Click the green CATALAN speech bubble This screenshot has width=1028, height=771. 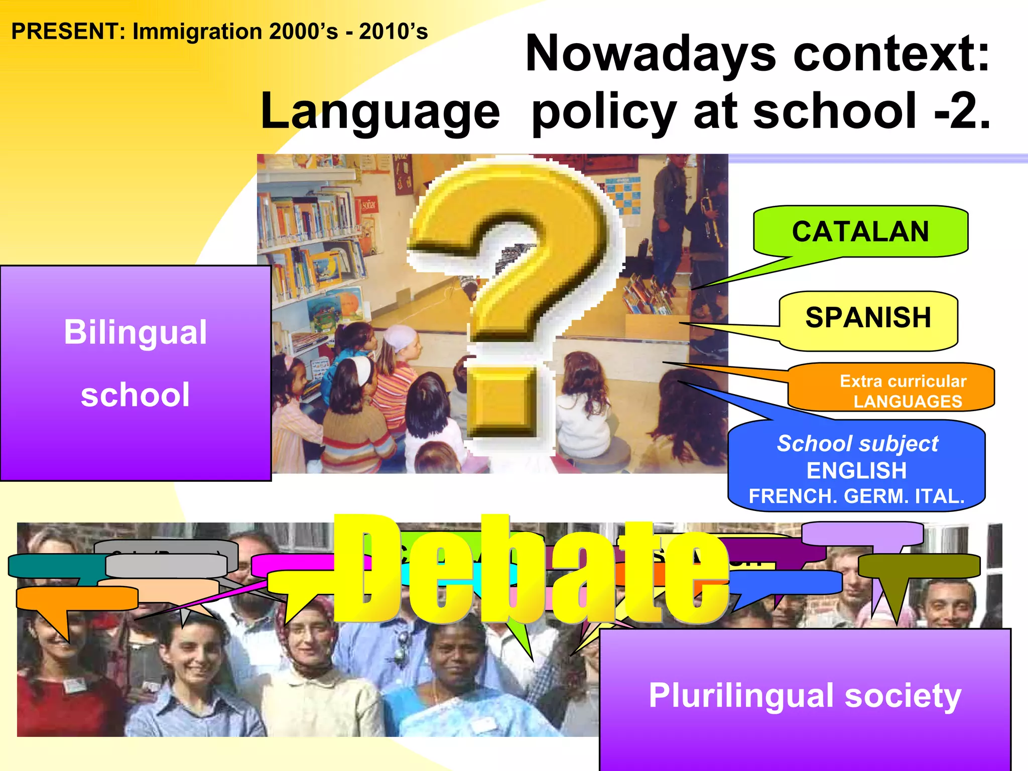pyautogui.click(x=860, y=232)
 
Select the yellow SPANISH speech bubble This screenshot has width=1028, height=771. pyautogui.click(x=868, y=318)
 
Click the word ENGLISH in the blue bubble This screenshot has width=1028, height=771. pyautogui.click(x=856, y=471)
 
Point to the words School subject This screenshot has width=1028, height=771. pyautogui.click(x=857, y=444)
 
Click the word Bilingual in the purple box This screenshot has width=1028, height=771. pyautogui.click(x=135, y=332)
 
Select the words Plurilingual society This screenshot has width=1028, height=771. pyautogui.click(x=805, y=696)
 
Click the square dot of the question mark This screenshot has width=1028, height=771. pyautogui.click(x=502, y=402)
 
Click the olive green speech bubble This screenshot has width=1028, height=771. pyautogui.click(x=919, y=566)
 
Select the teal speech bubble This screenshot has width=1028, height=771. pyautogui.click(x=50, y=566)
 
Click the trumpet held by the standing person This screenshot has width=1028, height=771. pyautogui.click(x=711, y=216)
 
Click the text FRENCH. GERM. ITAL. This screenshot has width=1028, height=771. pyautogui.click(x=856, y=496)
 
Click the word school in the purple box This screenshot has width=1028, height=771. pyautogui.click(x=135, y=395)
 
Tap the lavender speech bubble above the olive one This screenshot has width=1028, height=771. pyautogui.click(x=862, y=534)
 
